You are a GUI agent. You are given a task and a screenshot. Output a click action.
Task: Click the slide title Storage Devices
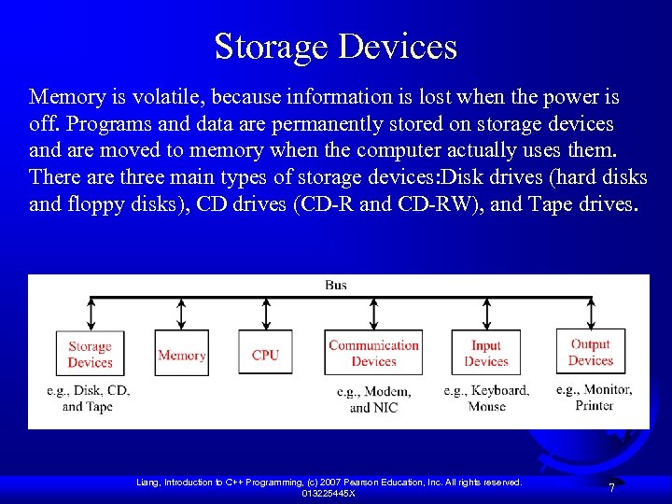click(336, 46)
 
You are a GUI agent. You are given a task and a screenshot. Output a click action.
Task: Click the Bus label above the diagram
click(335, 285)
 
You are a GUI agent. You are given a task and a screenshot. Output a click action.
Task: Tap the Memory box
click(182, 355)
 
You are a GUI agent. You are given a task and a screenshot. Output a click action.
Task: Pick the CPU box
click(265, 355)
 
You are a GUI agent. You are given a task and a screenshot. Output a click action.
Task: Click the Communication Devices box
click(373, 354)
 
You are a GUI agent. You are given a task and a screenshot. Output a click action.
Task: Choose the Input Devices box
click(486, 354)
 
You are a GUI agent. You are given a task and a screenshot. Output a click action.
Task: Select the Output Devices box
click(590, 352)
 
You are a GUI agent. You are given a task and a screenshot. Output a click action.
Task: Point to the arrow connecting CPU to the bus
click(266, 315)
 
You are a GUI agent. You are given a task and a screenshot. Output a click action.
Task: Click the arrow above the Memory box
click(183, 315)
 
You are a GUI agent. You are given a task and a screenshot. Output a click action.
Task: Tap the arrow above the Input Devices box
click(485, 315)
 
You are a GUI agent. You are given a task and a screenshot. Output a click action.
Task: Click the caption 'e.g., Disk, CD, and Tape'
click(88, 398)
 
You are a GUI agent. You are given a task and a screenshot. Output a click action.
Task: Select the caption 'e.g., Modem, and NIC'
click(373, 399)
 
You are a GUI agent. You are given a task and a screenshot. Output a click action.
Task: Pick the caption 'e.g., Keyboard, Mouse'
click(486, 398)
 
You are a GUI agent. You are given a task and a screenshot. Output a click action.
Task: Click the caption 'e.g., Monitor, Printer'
click(594, 397)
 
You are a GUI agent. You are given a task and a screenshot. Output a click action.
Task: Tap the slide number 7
click(611, 488)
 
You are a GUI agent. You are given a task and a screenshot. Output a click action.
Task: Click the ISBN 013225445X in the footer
click(328, 493)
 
